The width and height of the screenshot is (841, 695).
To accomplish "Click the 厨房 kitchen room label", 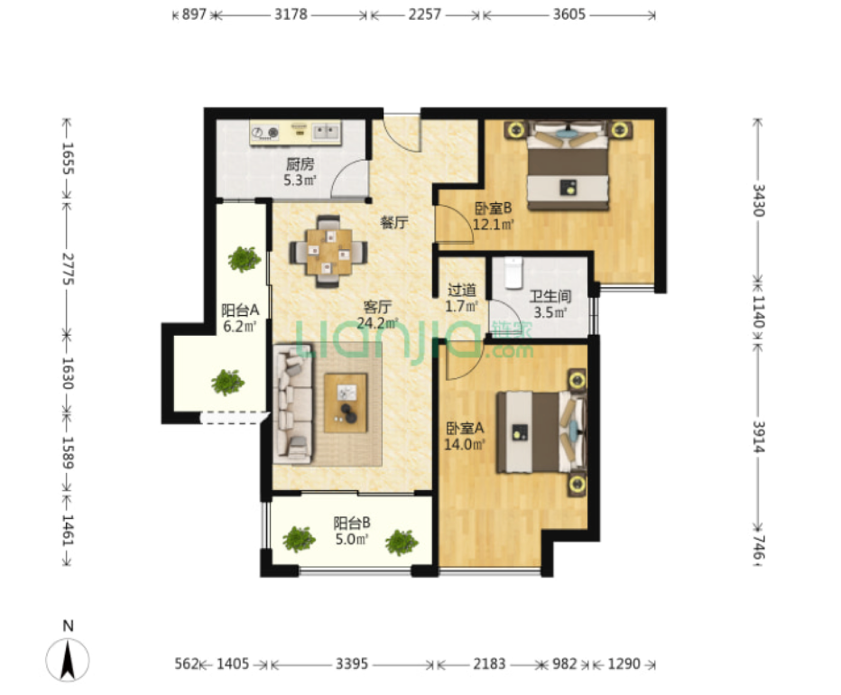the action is coord(300,163).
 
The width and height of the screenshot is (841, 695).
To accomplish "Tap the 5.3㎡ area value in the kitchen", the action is coord(300,180).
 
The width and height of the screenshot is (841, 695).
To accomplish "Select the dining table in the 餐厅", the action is coord(328,251).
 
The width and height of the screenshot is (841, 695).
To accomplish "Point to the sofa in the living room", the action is coord(293,403).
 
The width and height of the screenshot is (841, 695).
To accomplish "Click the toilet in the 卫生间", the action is coord(513,273).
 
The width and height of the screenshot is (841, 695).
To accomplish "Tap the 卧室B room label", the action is coord(493,208).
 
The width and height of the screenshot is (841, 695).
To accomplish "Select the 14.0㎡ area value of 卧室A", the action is coord(465,444).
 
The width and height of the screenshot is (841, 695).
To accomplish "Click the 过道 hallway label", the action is coord(461,291).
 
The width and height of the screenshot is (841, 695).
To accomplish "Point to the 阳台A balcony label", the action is coord(240,310).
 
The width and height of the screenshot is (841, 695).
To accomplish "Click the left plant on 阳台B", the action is coord(299,539).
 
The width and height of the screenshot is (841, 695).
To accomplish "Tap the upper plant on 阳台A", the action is coord(245,259).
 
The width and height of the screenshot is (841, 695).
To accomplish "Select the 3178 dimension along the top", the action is coord(291,14).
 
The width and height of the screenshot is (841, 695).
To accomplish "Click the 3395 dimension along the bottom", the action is coord(352,664).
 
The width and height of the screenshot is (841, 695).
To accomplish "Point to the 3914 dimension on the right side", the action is coord(758,436).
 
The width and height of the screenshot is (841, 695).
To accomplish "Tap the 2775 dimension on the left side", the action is coord(68,268).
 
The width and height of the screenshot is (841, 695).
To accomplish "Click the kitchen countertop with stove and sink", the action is coord(295,133).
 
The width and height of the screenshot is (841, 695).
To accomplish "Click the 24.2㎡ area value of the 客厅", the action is coord(377,322).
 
